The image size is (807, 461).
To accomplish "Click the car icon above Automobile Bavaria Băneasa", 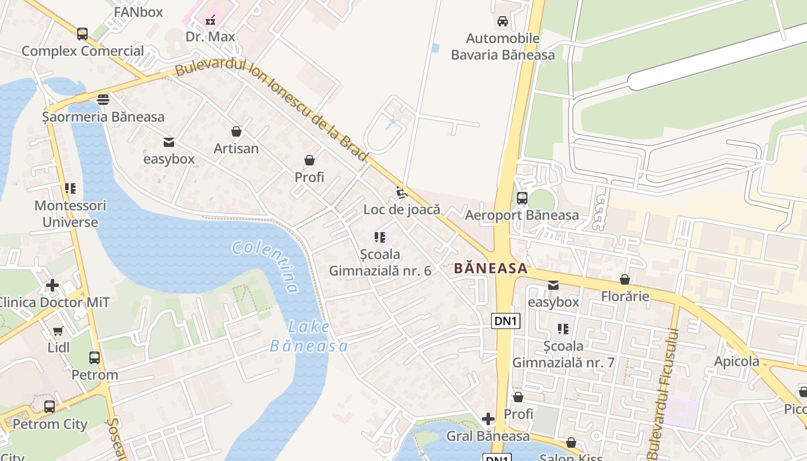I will (x=503, y=21).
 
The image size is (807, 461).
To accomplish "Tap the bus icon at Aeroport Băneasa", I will (x=522, y=198).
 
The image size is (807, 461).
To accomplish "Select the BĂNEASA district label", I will (x=491, y=268).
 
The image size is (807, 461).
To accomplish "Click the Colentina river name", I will (x=266, y=267).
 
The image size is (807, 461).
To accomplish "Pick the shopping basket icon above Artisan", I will (x=236, y=131).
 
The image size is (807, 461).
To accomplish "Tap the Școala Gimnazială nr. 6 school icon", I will (x=380, y=237).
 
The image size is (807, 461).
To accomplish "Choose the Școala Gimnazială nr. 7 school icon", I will (x=563, y=329).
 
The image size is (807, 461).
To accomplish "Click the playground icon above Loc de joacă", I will (x=401, y=192).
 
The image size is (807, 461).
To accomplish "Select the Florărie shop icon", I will (x=625, y=279).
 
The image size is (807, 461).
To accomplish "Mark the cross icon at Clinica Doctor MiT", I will (x=52, y=285).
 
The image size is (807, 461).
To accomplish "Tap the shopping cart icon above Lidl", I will (x=58, y=331).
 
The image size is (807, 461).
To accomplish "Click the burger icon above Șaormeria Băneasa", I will (x=103, y=100).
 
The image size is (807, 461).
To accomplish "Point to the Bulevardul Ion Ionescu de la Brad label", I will (x=271, y=109).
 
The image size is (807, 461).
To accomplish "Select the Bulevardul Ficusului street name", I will (x=665, y=392).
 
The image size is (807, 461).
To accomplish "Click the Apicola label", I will (x=737, y=361).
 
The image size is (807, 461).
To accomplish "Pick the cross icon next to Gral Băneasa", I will (x=488, y=418).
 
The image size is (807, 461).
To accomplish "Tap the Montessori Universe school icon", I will (x=70, y=188).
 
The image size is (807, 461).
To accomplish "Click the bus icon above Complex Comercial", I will (x=82, y=34).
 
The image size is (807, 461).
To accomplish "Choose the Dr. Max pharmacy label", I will (x=210, y=37).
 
